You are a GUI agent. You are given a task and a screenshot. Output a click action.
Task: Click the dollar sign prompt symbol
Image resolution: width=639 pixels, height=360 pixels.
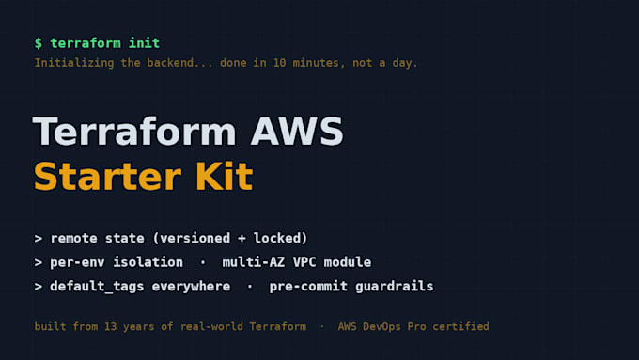[x=39, y=43]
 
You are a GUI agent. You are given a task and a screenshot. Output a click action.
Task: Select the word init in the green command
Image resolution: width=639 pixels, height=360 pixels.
[x=144, y=43]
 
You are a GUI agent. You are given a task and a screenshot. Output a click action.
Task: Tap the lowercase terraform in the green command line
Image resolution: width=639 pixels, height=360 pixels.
[x=86, y=43]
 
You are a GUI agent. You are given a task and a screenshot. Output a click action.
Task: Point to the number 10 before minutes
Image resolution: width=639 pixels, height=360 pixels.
[x=280, y=63]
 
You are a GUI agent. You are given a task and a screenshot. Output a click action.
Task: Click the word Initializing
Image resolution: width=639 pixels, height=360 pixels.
[x=74, y=63]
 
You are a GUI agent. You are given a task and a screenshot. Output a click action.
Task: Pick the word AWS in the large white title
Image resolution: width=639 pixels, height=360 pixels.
[x=297, y=132]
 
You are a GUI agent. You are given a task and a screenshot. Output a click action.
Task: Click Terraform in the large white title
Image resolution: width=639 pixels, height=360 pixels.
[x=134, y=132]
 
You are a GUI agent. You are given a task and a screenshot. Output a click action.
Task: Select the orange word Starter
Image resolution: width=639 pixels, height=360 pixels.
[x=107, y=176]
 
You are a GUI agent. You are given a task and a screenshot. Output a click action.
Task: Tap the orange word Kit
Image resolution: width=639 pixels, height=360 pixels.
[x=225, y=176]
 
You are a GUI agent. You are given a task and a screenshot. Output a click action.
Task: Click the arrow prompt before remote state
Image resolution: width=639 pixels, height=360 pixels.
[x=39, y=239]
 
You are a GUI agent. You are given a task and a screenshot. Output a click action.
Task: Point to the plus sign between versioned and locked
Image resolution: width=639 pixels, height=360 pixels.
[x=242, y=238]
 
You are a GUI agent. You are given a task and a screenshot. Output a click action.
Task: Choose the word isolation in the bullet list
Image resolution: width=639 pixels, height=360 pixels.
[x=148, y=262]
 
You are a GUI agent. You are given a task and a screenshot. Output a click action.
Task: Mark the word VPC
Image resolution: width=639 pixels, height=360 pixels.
[x=304, y=262]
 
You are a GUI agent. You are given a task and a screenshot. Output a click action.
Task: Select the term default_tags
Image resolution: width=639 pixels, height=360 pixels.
[x=97, y=286]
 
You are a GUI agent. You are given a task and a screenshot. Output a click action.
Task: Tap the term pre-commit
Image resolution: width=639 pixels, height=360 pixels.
[x=308, y=287]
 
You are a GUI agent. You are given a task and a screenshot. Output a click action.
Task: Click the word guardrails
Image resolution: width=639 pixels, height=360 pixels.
[x=394, y=286]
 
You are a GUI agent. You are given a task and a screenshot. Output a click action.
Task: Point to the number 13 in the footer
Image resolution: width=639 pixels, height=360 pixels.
[x=111, y=326]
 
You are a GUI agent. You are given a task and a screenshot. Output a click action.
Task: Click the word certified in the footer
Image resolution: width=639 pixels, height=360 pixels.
[x=460, y=326]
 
